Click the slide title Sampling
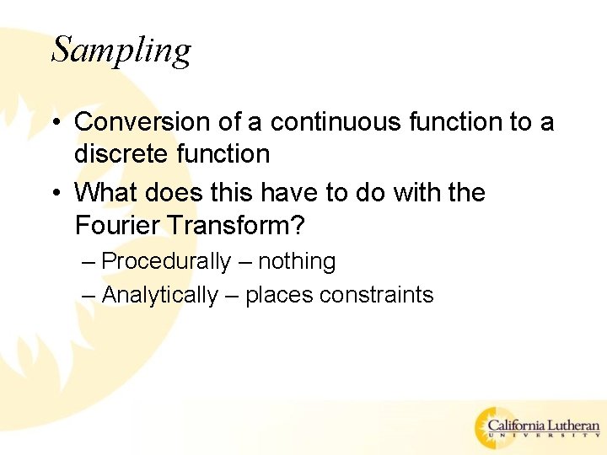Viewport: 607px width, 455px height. point(121,51)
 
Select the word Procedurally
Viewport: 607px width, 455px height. point(165,262)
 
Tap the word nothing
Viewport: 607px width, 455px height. point(297,262)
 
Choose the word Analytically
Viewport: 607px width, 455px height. point(159,295)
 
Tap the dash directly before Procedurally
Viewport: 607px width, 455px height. point(89,263)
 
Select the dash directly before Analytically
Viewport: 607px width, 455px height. point(89,296)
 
